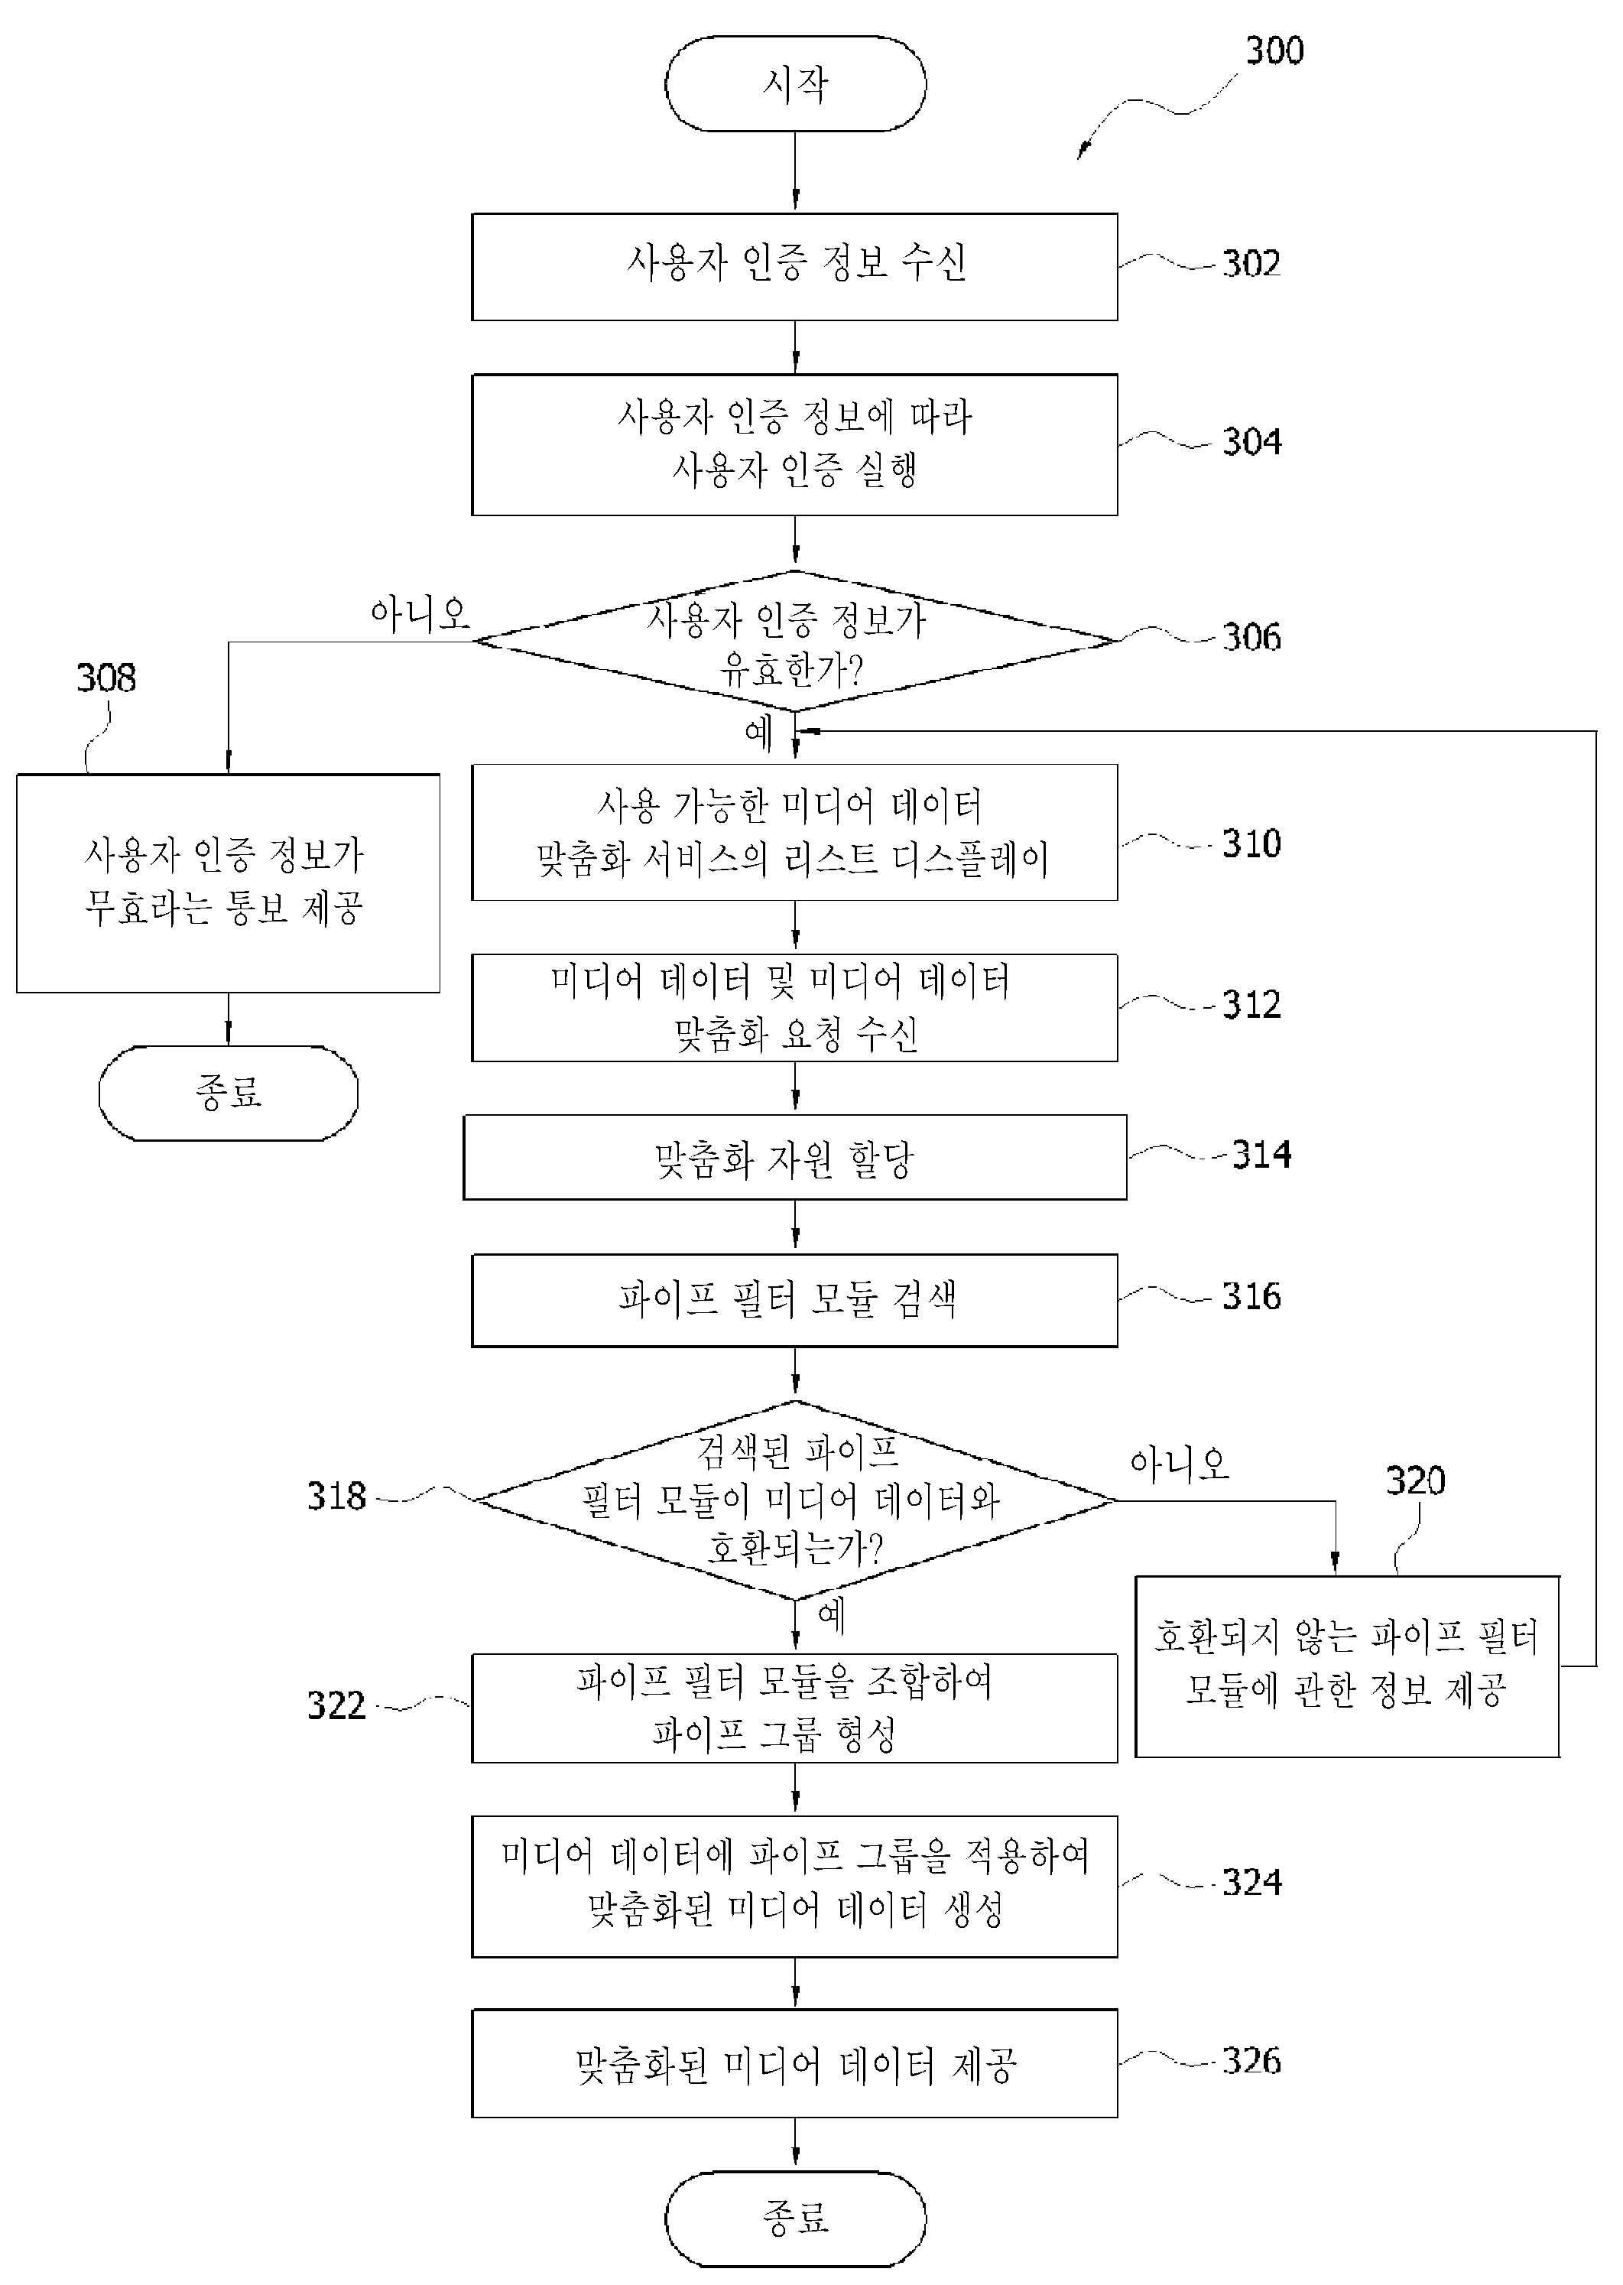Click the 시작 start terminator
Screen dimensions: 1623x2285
click(x=796, y=84)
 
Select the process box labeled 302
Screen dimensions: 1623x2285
click(x=794, y=267)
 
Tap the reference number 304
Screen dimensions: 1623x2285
click(x=1251, y=442)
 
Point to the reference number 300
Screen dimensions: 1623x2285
click(x=1274, y=50)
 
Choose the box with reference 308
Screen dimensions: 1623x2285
click(x=228, y=883)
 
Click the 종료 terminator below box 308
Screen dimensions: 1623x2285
click(x=228, y=1094)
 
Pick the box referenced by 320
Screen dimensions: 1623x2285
click(x=1347, y=1666)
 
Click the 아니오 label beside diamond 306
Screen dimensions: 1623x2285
click(x=420, y=614)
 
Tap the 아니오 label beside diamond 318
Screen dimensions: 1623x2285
click(x=1180, y=1465)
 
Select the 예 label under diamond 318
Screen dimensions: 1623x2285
click(x=832, y=1615)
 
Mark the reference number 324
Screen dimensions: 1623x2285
click(x=1251, y=1884)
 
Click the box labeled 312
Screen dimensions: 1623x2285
click(x=794, y=1008)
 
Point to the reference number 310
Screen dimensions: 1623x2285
click(x=1251, y=843)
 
